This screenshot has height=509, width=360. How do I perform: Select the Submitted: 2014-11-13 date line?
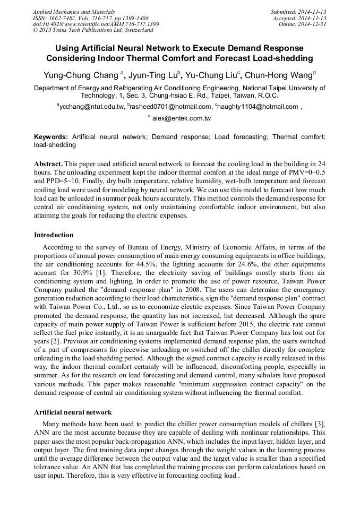[298, 11]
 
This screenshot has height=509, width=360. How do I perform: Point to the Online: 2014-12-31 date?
[303, 24]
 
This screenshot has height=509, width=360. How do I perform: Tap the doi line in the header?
[96, 24]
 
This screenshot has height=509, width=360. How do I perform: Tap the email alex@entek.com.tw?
[182, 119]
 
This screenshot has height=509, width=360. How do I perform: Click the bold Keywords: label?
[51, 136]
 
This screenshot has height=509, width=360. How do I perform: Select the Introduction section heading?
[54, 235]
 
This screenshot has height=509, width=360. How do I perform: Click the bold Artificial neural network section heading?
[73, 412]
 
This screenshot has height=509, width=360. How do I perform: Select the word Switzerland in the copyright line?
[136, 30]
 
